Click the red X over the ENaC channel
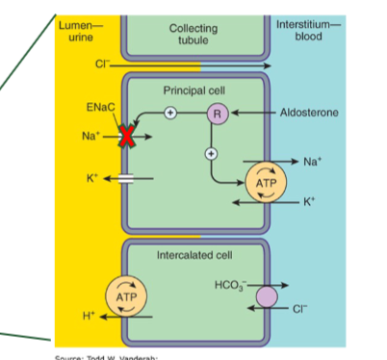pos(126,137)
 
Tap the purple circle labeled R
pos(217,113)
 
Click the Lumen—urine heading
pos(74,27)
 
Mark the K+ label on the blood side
pos(309,201)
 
